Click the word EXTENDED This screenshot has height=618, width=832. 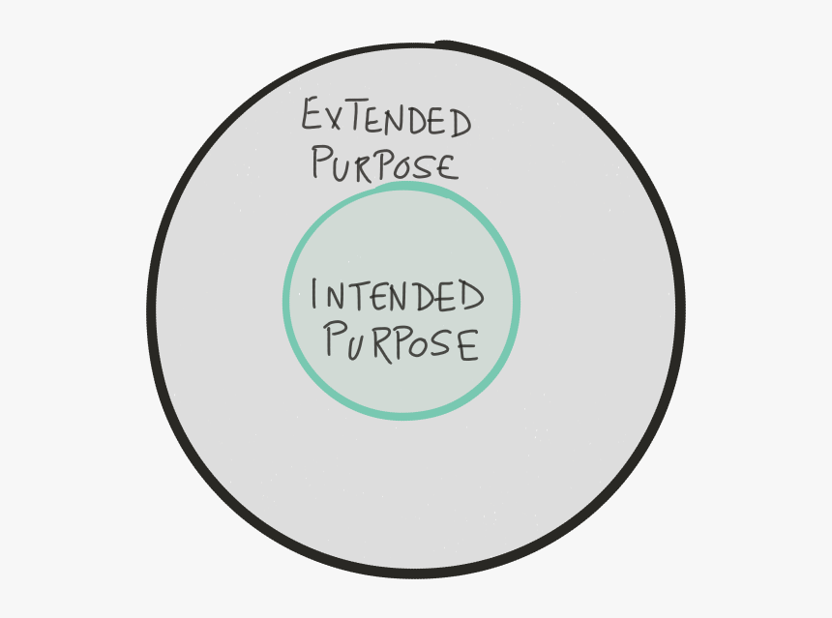(x=386, y=117)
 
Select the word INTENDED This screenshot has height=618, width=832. (x=397, y=295)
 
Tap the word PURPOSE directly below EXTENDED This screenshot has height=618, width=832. (x=385, y=163)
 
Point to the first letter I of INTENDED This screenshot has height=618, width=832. (x=314, y=293)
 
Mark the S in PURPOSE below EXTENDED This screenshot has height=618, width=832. (x=426, y=166)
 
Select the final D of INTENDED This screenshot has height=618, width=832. (x=473, y=295)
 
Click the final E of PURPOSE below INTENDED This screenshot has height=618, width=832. (x=469, y=345)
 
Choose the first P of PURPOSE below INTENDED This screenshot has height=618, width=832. (x=336, y=338)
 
